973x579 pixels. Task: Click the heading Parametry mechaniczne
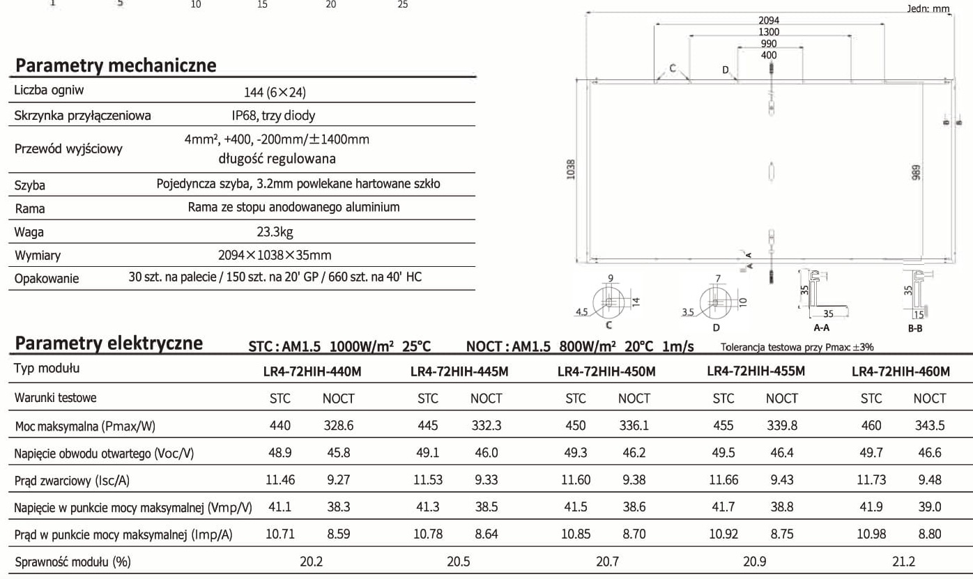116,65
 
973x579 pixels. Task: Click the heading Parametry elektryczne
109,343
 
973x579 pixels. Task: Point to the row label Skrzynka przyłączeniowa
82,115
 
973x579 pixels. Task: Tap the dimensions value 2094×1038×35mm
275,255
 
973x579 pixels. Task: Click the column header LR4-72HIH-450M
606,371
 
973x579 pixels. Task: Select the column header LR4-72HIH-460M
901,371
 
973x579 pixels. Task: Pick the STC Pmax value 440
279,425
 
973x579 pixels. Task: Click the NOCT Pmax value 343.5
929,425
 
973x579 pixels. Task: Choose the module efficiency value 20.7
606,561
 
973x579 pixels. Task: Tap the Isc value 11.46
280,480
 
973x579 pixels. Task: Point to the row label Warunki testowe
55,398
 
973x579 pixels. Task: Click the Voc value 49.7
871,452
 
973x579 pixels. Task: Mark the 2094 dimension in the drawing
768,21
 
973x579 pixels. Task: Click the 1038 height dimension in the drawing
571,169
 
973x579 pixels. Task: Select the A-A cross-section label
821,327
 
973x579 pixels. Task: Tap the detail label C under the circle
608,325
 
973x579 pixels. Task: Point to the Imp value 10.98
871,534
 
